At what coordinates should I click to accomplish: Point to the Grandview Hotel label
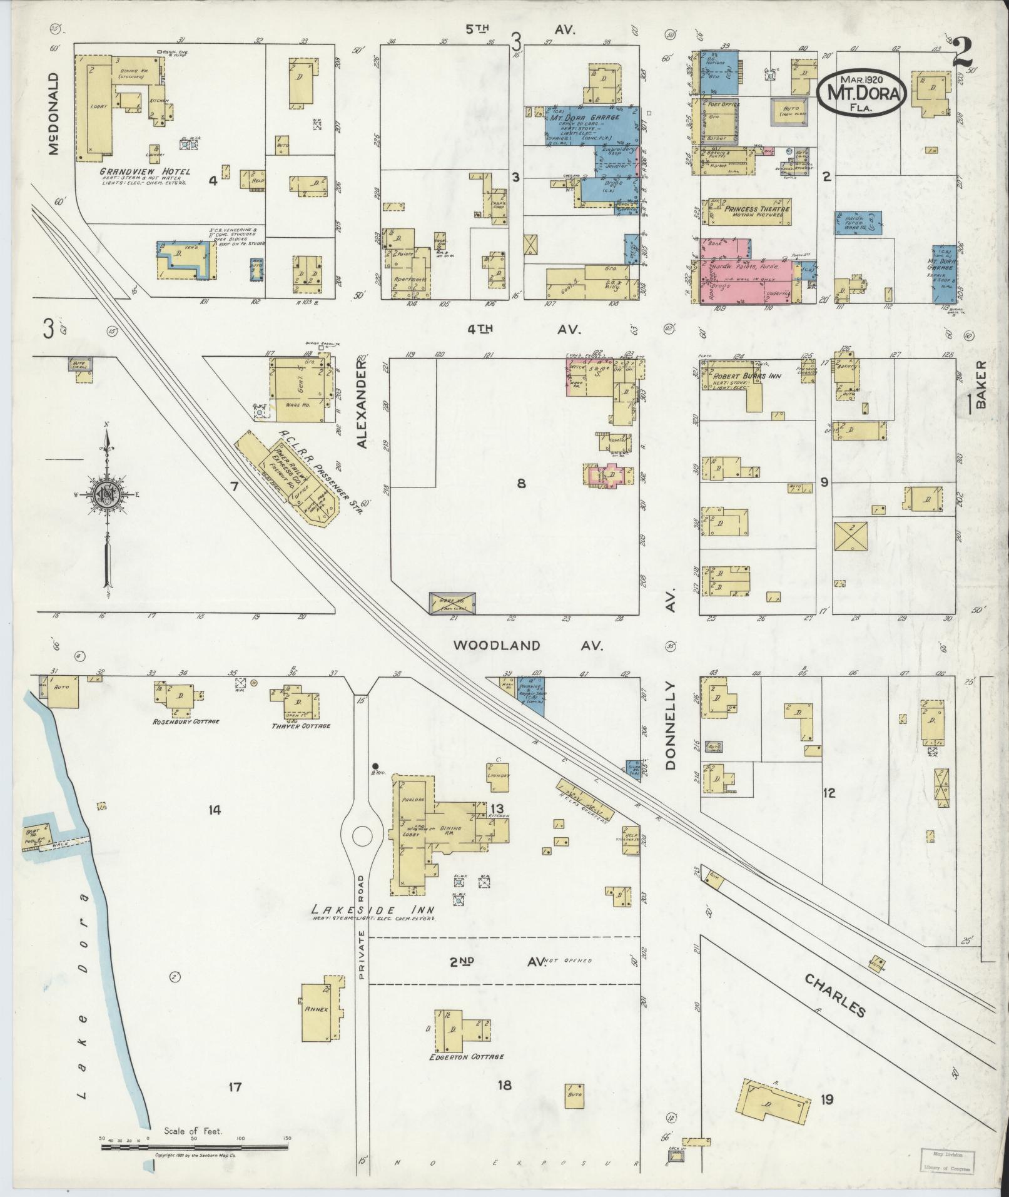click(x=145, y=171)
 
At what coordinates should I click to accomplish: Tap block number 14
click(x=215, y=810)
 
